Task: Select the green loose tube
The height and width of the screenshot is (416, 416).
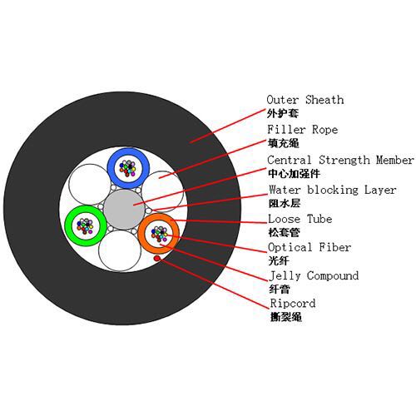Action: coord(68,225)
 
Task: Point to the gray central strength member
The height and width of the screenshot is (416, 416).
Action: coord(124,210)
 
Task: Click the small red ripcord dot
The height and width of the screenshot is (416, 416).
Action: coord(157,259)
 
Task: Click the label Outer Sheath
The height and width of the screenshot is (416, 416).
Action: coord(305,100)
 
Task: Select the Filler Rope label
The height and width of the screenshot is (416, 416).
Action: coord(303,130)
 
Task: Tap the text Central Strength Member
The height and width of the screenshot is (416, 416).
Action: coord(340,160)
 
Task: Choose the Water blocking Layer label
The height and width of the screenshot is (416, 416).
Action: coord(332,190)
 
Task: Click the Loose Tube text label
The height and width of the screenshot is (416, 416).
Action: coord(300,219)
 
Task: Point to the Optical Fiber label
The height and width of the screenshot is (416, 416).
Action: coord(310,247)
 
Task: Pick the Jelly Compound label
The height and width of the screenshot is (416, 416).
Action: coord(314,276)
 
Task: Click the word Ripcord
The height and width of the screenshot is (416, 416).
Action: coord(293,303)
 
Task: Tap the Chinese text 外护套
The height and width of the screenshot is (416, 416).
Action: coord(283,114)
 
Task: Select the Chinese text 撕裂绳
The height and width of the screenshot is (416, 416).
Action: coord(286,317)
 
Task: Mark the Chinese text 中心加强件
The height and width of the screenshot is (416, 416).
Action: coord(294,174)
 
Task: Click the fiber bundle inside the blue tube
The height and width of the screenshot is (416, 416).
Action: coord(128,168)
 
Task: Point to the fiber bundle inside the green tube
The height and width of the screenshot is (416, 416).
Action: coord(86,226)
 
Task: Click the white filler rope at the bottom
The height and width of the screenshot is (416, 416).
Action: coord(120,251)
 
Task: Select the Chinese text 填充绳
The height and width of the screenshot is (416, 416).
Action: coord(283,143)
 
